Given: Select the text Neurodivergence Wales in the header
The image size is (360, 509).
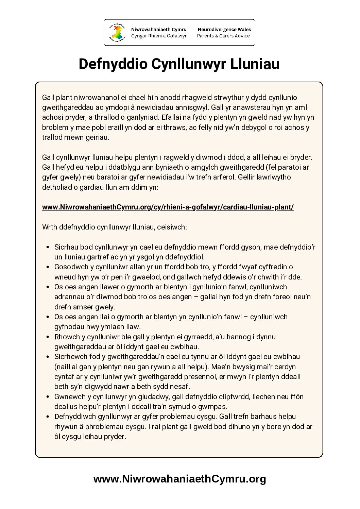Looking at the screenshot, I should pyautogui.click(x=224, y=30).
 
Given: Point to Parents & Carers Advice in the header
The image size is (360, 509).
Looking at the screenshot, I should pyautogui.click(x=223, y=36).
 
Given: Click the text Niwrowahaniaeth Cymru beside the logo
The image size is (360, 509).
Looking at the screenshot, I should pyautogui.click(x=159, y=30).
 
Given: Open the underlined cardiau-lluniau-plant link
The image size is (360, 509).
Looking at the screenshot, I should pyautogui.click(x=168, y=207).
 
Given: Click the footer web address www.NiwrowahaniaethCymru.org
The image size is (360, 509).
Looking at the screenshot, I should pyautogui.click(x=179, y=479).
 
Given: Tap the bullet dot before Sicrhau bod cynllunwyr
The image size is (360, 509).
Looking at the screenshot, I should pyautogui.click(x=48, y=247).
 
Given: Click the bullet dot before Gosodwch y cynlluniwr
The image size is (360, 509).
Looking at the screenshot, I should pyautogui.click(x=48, y=267).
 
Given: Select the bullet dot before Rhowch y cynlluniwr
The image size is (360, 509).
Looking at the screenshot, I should pyautogui.click(x=48, y=337).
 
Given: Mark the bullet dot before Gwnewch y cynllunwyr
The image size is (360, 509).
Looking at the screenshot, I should pyautogui.click(x=48, y=397).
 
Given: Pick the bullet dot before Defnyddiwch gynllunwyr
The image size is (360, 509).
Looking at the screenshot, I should pyautogui.click(x=48, y=417).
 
